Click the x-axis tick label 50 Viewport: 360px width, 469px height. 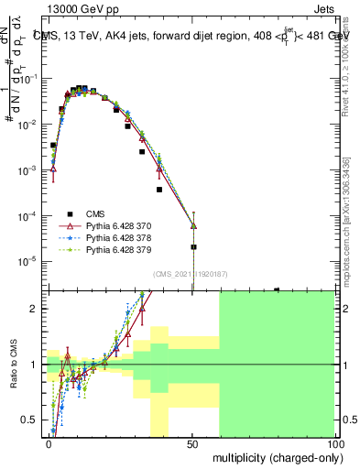tap(191, 443)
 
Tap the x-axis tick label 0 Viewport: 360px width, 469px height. tap(49, 443)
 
